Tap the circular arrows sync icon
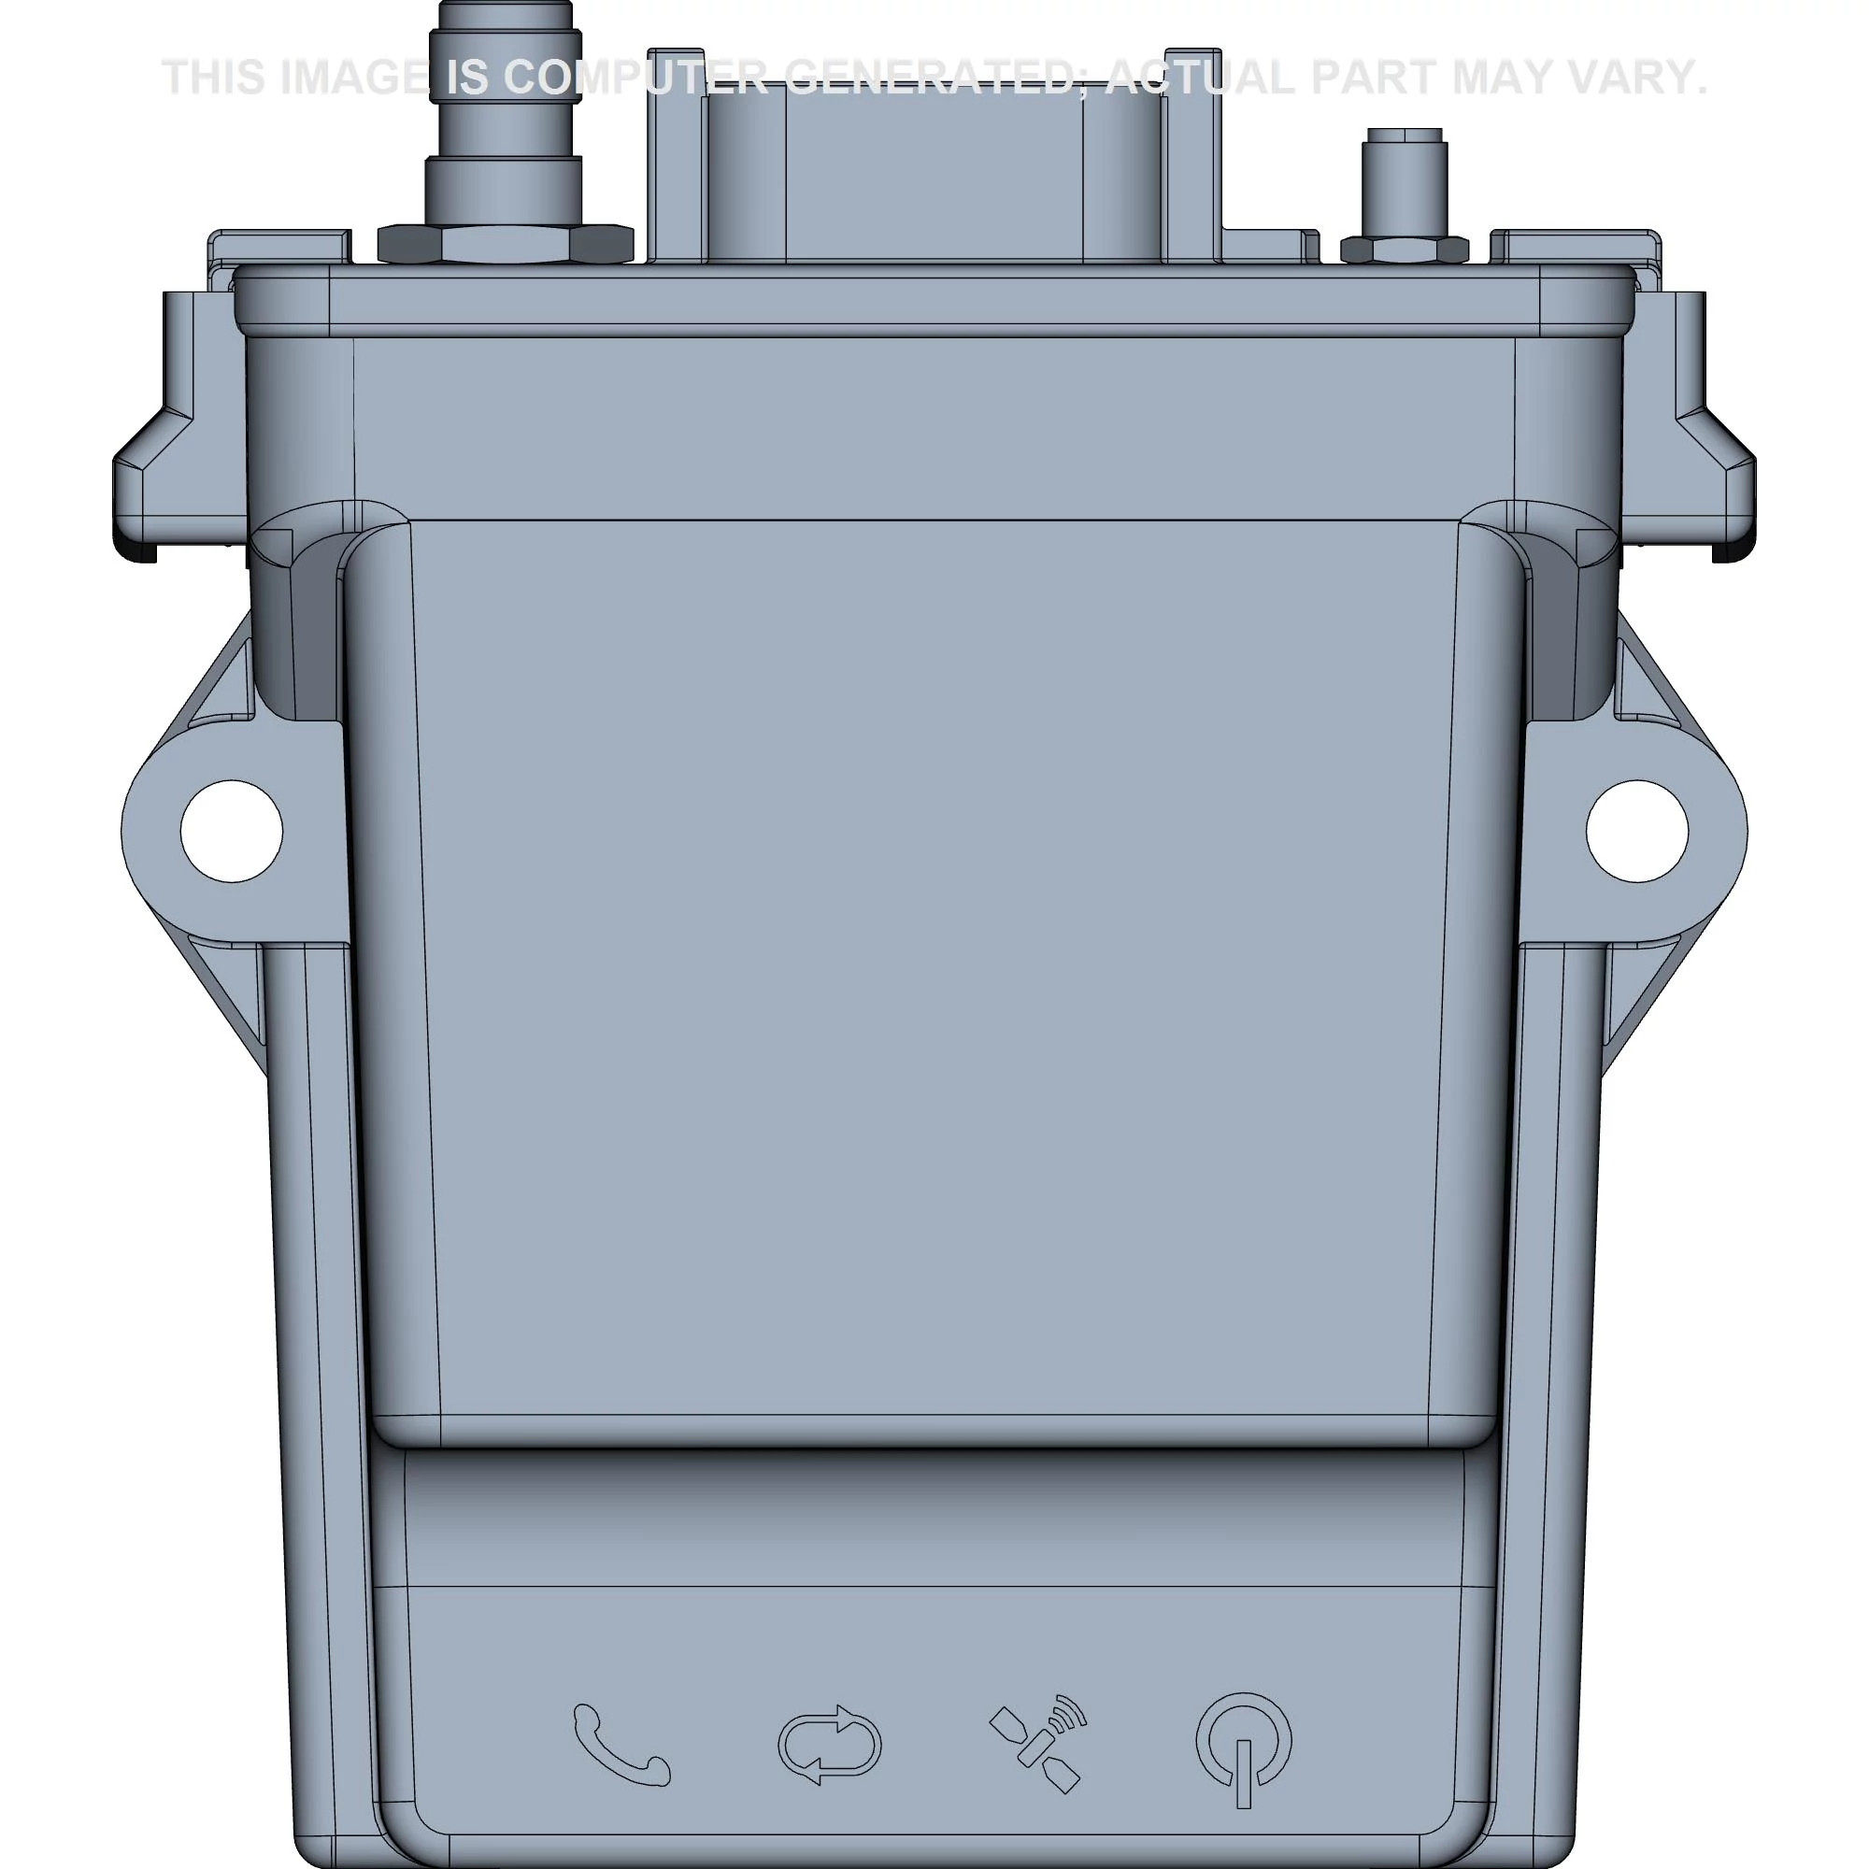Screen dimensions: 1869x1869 pos(829,1745)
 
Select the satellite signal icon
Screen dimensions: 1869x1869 pos(1038,1743)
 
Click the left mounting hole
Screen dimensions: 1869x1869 pos(232,831)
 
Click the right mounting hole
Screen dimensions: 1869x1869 pos(1637,831)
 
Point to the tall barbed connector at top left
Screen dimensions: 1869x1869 pos(504,116)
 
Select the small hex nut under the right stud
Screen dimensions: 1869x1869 pos(1404,250)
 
